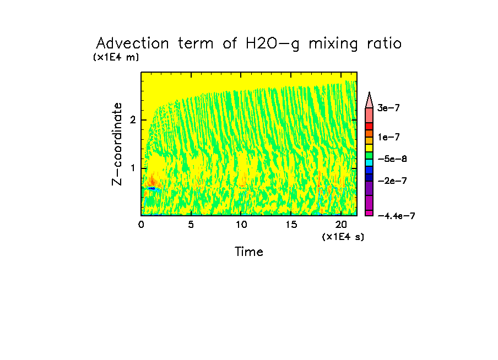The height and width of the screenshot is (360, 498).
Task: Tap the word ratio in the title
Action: click(x=382, y=43)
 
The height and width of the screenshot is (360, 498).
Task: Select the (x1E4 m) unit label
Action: click(x=116, y=57)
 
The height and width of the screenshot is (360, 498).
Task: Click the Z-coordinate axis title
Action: click(x=117, y=144)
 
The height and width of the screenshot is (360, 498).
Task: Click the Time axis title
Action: click(x=249, y=252)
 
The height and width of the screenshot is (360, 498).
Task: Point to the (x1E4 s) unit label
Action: click(x=343, y=237)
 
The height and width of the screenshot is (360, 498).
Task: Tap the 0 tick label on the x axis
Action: click(x=141, y=225)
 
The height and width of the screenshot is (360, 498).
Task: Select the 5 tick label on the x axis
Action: click(x=191, y=225)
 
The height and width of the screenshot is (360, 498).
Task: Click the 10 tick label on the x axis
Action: click(x=241, y=225)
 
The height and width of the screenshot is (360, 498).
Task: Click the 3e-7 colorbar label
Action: click(x=388, y=108)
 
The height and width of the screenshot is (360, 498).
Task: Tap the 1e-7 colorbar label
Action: click(x=388, y=137)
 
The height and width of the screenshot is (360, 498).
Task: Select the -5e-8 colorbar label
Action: click(x=392, y=159)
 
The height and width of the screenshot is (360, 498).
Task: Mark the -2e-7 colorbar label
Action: click(x=392, y=181)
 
